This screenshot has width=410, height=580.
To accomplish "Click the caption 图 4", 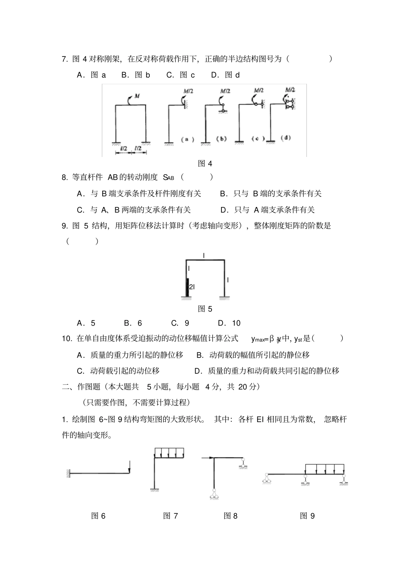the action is point(205,163).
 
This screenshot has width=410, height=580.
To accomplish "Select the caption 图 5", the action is point(205,309).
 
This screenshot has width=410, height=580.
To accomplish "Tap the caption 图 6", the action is point(98,516).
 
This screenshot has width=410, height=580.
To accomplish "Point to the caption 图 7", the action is point(170,516).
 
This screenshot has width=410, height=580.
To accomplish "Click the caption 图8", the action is point(230,516).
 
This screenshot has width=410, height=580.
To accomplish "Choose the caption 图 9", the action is point(307,516).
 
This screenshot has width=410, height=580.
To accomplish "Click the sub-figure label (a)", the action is point(187,139).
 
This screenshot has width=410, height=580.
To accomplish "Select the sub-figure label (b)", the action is point(221,139).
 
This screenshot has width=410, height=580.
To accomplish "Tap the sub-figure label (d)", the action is point(285,138).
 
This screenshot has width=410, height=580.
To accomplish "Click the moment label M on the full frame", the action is point(137,96).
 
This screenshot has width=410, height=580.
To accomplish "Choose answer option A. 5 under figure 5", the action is point(86,323).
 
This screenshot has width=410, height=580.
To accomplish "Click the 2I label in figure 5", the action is point(192,286).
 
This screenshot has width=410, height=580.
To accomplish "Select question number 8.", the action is point(65,177).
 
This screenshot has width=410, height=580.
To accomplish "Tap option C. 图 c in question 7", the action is point(180,75).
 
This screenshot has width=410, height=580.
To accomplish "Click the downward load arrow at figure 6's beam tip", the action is point(129,467).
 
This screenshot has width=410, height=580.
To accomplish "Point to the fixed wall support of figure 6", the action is point(68,473).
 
